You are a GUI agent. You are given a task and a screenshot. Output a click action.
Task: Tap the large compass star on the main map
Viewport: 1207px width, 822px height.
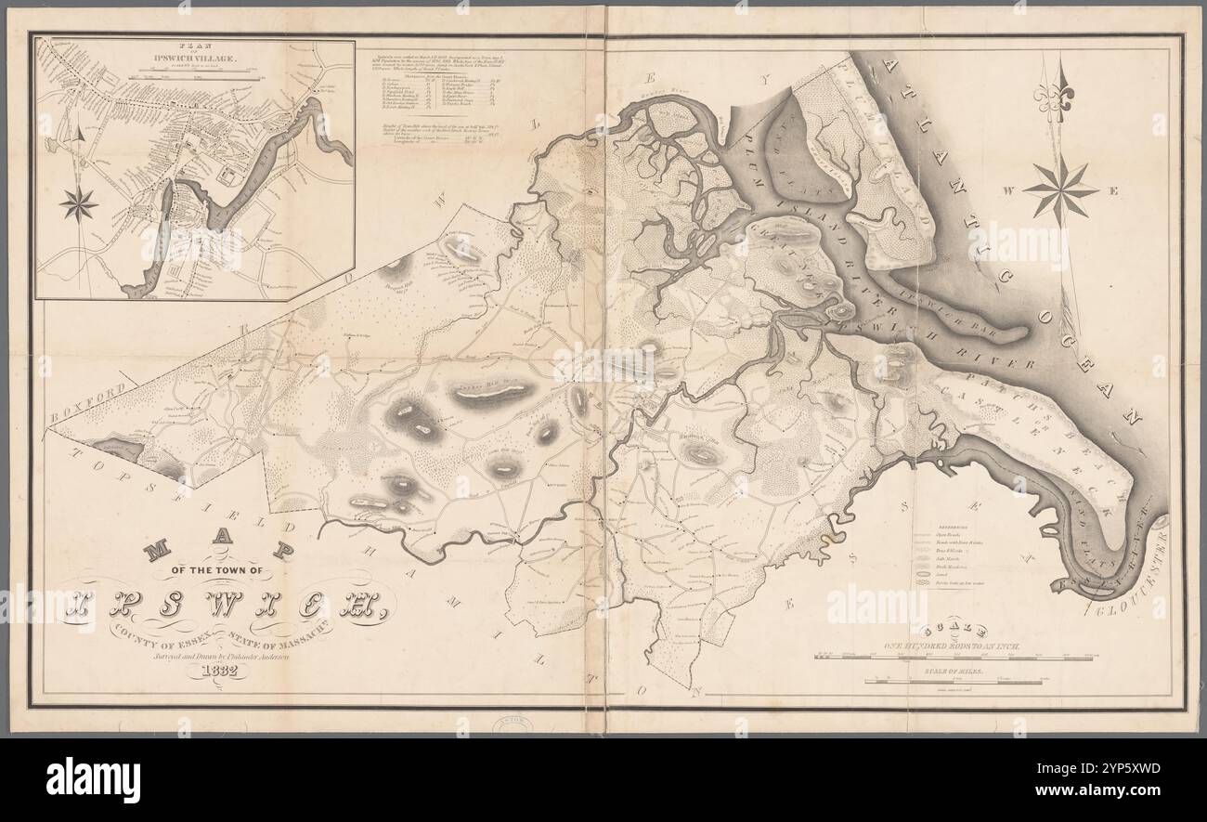pyautogui.click(x=1059, y=190)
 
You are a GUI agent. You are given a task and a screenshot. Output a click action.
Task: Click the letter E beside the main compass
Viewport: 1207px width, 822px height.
pyautogui.click(x=1113, y=191)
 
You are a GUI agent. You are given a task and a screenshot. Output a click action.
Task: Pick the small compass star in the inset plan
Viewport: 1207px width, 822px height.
pyautogui.click(x=79, y=203)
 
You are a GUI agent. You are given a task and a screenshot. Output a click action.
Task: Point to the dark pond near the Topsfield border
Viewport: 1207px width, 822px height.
pyautogui.click(x=118, y=450)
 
